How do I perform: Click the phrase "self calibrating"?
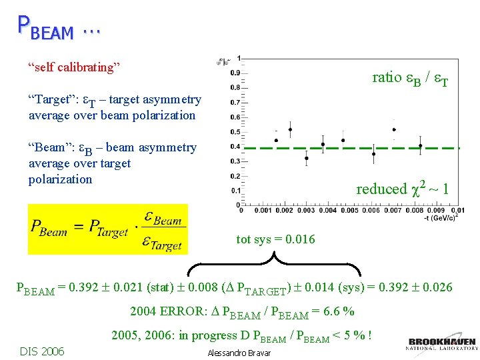(73, 67)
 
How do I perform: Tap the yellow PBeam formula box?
(108, 229)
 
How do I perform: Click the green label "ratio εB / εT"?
(409, 78)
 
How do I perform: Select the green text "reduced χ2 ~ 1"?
(402, 189)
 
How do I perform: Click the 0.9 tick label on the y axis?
(235, 73)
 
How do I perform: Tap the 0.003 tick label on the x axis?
(306, 211)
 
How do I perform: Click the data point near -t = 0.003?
(306, 159)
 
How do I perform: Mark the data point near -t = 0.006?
(373, 154)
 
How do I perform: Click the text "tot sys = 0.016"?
(276, 239)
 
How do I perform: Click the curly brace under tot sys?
(274, 265)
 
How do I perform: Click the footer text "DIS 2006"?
(42, 351)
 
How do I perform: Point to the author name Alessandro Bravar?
(239, 353)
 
